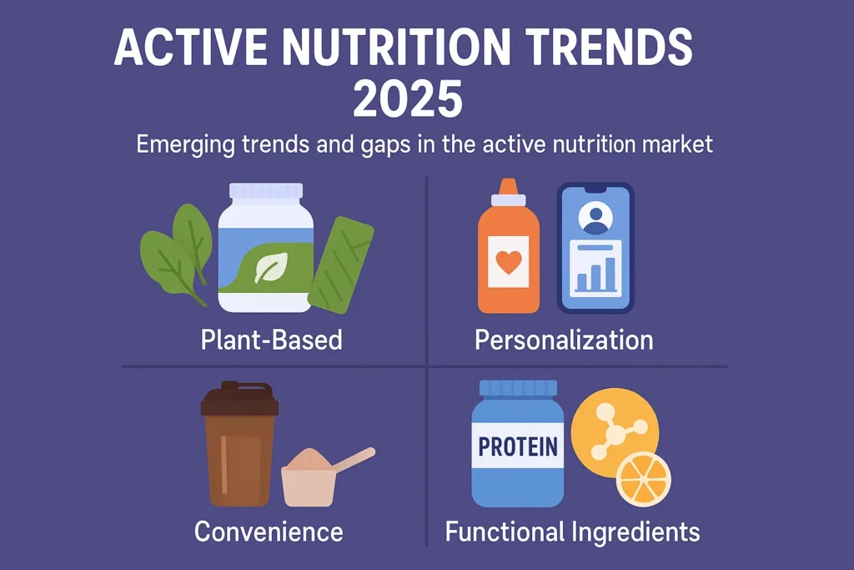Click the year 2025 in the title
tap(408, 98)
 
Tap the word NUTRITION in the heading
tap(396, 48)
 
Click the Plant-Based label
tap(271, 340)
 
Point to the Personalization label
tap(564, 340)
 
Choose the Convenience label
tap(269, 532)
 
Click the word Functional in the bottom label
tap(505, 532)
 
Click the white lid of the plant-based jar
tap(266, 191)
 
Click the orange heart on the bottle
tap(508, 262)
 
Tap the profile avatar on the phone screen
tap(595, 218)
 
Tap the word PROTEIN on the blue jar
tap(517, 446)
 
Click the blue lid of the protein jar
tap(518, 388)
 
